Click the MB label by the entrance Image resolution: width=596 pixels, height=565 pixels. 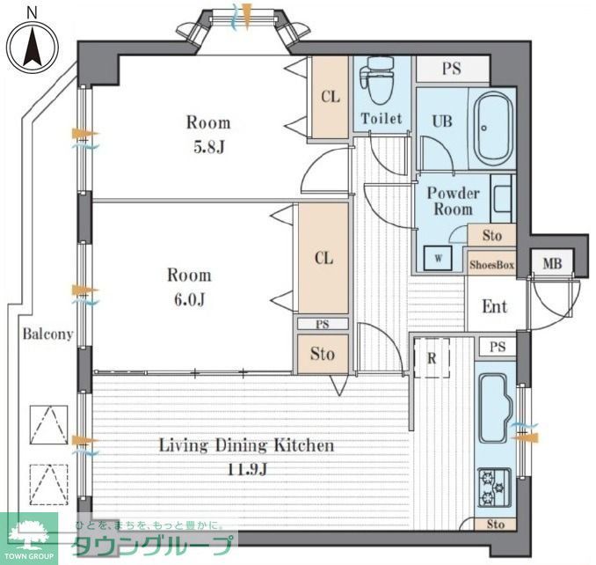(552, 263)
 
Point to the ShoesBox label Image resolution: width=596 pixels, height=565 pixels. (492, 265)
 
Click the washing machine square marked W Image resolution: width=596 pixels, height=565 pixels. (438, 259)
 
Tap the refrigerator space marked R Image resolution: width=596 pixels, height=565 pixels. (432, 358)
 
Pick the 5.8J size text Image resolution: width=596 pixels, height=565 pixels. (209, 147)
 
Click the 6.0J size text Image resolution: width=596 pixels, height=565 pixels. (190, 299)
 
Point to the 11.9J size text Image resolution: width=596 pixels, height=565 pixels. (247, 469)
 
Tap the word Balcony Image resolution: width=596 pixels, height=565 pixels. (47, 334)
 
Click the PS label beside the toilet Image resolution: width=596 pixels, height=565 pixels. (452, 69)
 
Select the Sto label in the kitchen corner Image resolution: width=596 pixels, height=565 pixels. (496, 525)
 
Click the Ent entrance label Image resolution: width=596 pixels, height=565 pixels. (495, 306)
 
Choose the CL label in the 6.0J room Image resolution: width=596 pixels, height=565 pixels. (323, 259)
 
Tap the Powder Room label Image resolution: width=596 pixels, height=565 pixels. (453, 202)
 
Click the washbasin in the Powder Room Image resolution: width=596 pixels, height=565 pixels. (502, 198)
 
